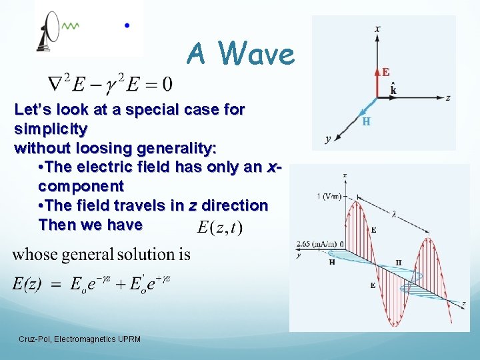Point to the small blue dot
pos(127,25)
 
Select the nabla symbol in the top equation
pos(56,83)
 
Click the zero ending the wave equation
pos(167,84)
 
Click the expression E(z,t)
pos(221,227)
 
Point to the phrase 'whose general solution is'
pos(101,254)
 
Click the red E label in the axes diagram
pos(386,72)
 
